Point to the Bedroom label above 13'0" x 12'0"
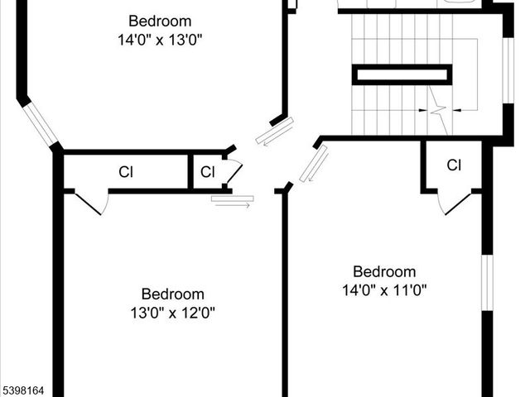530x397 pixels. point(172,294)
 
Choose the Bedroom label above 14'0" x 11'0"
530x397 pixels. point(383,272)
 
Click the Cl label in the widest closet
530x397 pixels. point(126,172)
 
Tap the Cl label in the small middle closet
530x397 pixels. point(208,172)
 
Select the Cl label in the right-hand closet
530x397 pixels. point(454,165)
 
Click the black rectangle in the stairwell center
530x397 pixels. point(402,74)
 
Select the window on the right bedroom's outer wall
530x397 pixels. point(488,281)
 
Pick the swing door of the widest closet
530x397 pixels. point(91,202)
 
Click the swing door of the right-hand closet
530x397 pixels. point(455,202)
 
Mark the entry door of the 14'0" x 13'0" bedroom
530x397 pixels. point(274,132)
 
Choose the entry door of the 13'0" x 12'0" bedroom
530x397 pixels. point(232,199)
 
